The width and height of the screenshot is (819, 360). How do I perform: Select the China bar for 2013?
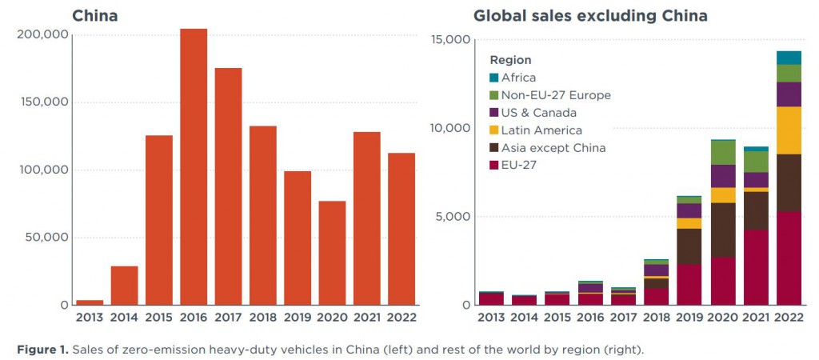click(x=89, y=302)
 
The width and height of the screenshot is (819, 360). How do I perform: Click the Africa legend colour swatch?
click(x=493, y=78)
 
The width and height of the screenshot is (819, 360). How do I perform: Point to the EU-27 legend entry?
click(x=519, y=166)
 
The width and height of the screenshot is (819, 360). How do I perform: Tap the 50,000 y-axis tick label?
click(x=41, y=238)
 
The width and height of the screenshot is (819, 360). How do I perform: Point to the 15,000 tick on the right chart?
click(x=449, y=40)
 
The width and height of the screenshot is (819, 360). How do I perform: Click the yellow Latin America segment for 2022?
click(x=789, y=130)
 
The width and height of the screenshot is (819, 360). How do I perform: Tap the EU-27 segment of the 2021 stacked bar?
click(x=756, y=267)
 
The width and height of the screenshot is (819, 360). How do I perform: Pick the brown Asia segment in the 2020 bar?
click(x=723, y=230)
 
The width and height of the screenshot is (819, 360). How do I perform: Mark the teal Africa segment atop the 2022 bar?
click(x=789, y=58)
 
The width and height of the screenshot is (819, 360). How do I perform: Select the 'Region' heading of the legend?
click(x=510, y=60)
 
